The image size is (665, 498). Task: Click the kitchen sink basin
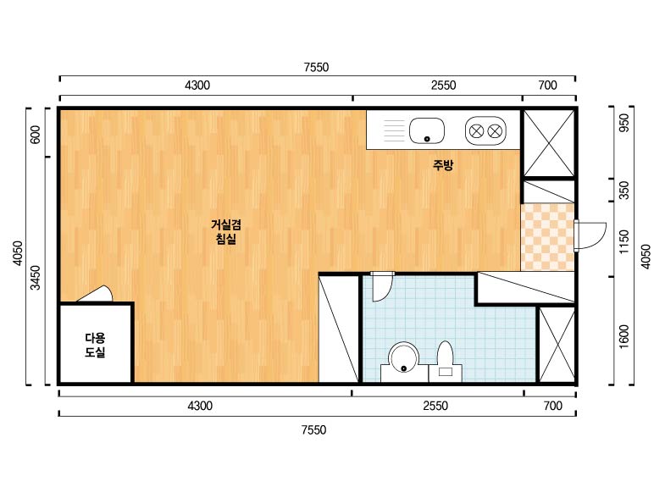click(427, 130)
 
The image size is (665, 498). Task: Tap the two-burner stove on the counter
click(485, 130)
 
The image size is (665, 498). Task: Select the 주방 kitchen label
click(443, 164)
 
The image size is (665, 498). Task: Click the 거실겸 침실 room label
click(226, 231)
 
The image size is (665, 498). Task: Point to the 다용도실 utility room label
click(95, 345)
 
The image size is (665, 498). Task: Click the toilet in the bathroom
click(446, 362)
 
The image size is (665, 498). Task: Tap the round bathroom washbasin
click(403, 358)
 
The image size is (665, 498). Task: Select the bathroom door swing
click(382, 286)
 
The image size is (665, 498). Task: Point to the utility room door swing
click(96, 293)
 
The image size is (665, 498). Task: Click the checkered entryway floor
click(547, 237)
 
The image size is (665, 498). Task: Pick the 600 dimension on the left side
click(36, 134)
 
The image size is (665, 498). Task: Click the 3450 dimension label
click(36, 277)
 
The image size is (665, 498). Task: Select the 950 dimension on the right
click(624, 123)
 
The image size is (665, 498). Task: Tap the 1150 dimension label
click(624, 242)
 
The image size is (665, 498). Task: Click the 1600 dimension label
click(624, 337)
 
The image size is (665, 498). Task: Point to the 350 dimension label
click(624, 190)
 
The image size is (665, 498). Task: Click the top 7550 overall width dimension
click(316, 67)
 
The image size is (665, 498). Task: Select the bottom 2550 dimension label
click(435, 406)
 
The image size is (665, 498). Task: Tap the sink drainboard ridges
click(395, 130)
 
